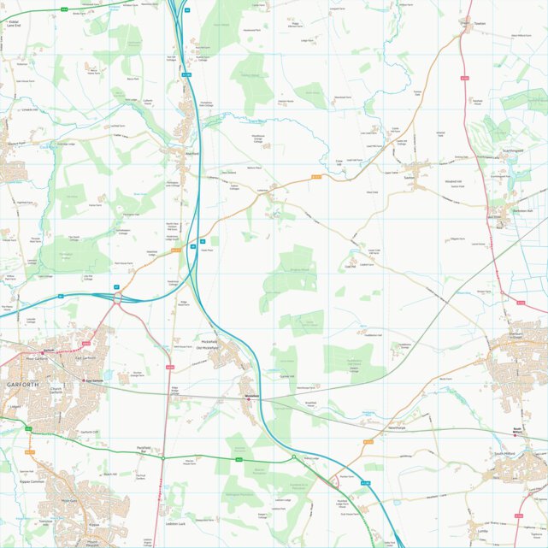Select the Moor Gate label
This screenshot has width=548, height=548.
pos(68,501)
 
